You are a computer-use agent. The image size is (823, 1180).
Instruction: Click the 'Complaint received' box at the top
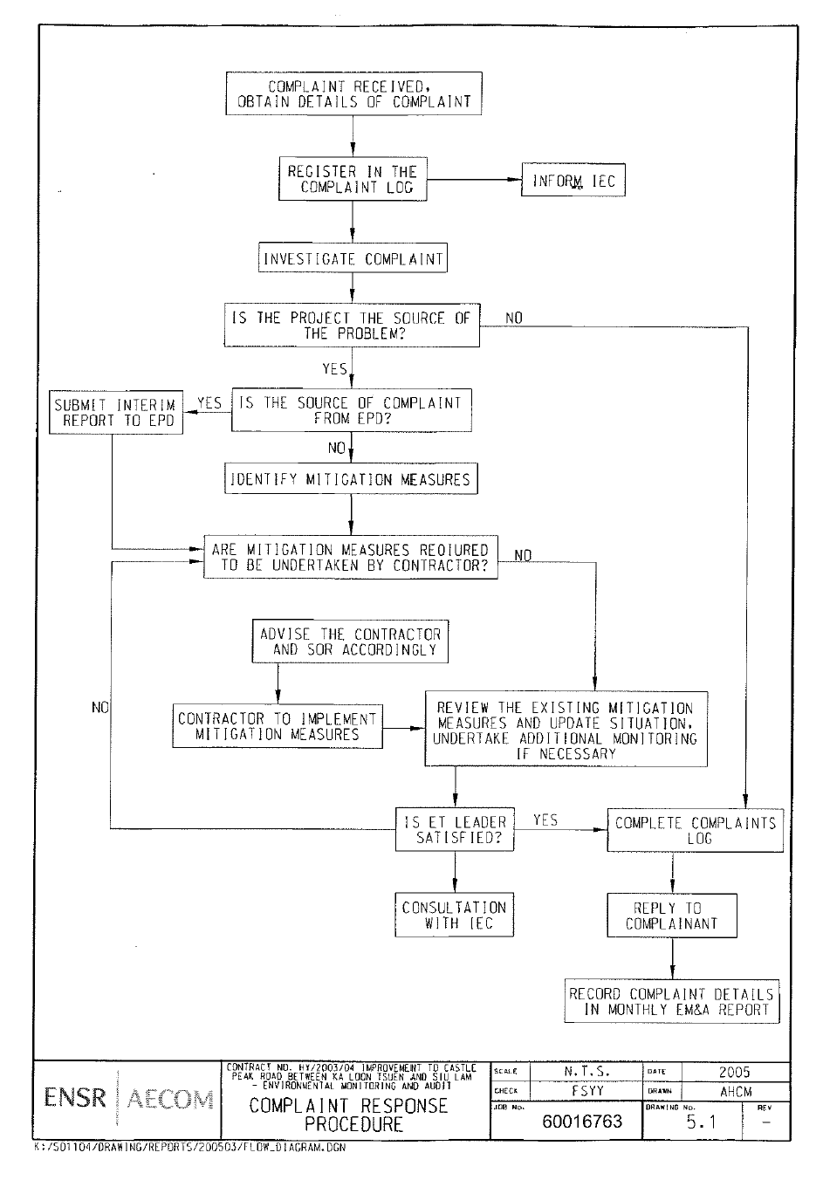(353, 93)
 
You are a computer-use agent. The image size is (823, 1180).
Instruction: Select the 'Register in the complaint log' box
(353, 179)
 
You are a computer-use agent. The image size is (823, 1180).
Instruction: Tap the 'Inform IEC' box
(573, 182)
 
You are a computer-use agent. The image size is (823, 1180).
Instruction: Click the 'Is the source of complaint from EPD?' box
(352, 410)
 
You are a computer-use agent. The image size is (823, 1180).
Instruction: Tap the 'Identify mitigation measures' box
(351, 479)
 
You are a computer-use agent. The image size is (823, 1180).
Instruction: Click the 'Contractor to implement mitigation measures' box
(278, 726)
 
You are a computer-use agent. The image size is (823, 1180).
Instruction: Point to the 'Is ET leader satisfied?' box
(454, 830)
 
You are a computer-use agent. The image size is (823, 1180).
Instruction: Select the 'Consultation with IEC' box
(454, 915)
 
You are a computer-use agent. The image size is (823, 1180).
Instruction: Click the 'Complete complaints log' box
(695, 830)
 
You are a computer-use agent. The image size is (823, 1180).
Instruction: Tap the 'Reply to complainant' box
(672, 916)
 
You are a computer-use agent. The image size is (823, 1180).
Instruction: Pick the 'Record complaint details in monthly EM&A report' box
(671, 1001)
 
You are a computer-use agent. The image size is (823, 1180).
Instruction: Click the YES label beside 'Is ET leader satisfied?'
(545, 820)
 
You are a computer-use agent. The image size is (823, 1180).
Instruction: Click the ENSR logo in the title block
(76, 1098)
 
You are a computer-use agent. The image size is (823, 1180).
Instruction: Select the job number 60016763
(582, 1121)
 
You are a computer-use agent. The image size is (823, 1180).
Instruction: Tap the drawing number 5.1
(701, 1122)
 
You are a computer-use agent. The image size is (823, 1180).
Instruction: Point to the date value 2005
(735, 1072)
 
